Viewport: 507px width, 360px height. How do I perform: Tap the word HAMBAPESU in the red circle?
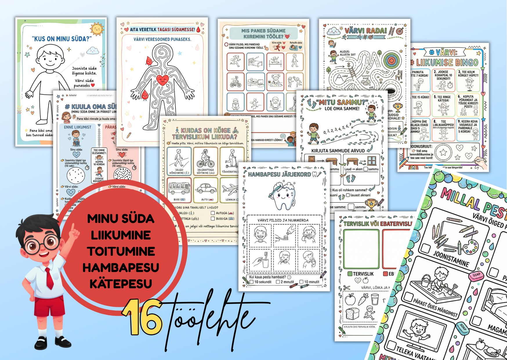[121, 267]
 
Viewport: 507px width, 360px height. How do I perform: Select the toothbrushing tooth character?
[282, 195]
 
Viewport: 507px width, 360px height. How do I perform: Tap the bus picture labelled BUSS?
[179, 189]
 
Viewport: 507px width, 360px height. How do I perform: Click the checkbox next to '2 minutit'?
[278, 282]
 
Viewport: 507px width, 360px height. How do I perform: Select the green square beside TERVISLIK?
[350, 274]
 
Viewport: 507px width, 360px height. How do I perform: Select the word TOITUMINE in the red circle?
[121, 251]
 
